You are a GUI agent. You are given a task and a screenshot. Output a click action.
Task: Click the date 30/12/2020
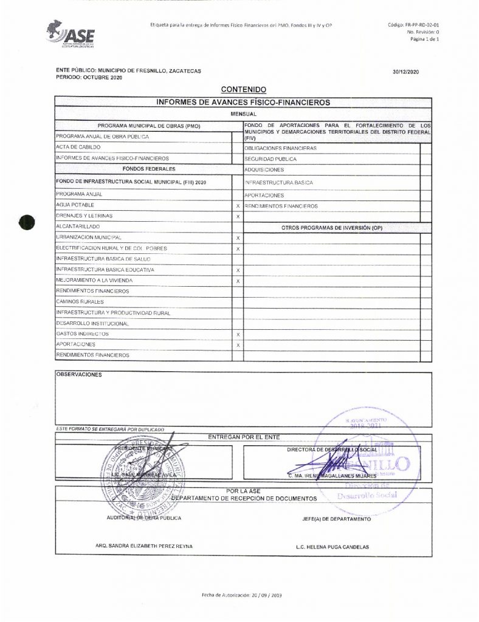406,72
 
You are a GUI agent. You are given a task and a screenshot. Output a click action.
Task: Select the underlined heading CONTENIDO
243,90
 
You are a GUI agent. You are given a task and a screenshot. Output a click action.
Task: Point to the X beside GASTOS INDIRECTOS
238,335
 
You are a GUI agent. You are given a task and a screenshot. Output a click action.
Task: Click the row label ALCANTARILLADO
78,226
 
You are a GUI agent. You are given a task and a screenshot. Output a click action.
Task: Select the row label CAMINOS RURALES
80,302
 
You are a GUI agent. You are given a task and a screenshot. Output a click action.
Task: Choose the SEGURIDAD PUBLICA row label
271,159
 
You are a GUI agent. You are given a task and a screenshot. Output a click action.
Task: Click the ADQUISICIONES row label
264,169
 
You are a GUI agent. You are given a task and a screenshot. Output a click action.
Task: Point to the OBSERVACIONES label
79,375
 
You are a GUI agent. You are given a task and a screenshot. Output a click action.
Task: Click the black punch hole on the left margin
27,222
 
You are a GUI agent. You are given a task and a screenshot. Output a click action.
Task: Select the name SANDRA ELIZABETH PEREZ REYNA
144,546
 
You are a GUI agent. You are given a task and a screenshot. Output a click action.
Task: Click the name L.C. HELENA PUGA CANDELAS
332,547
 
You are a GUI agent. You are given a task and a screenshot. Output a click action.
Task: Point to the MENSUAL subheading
243,114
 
